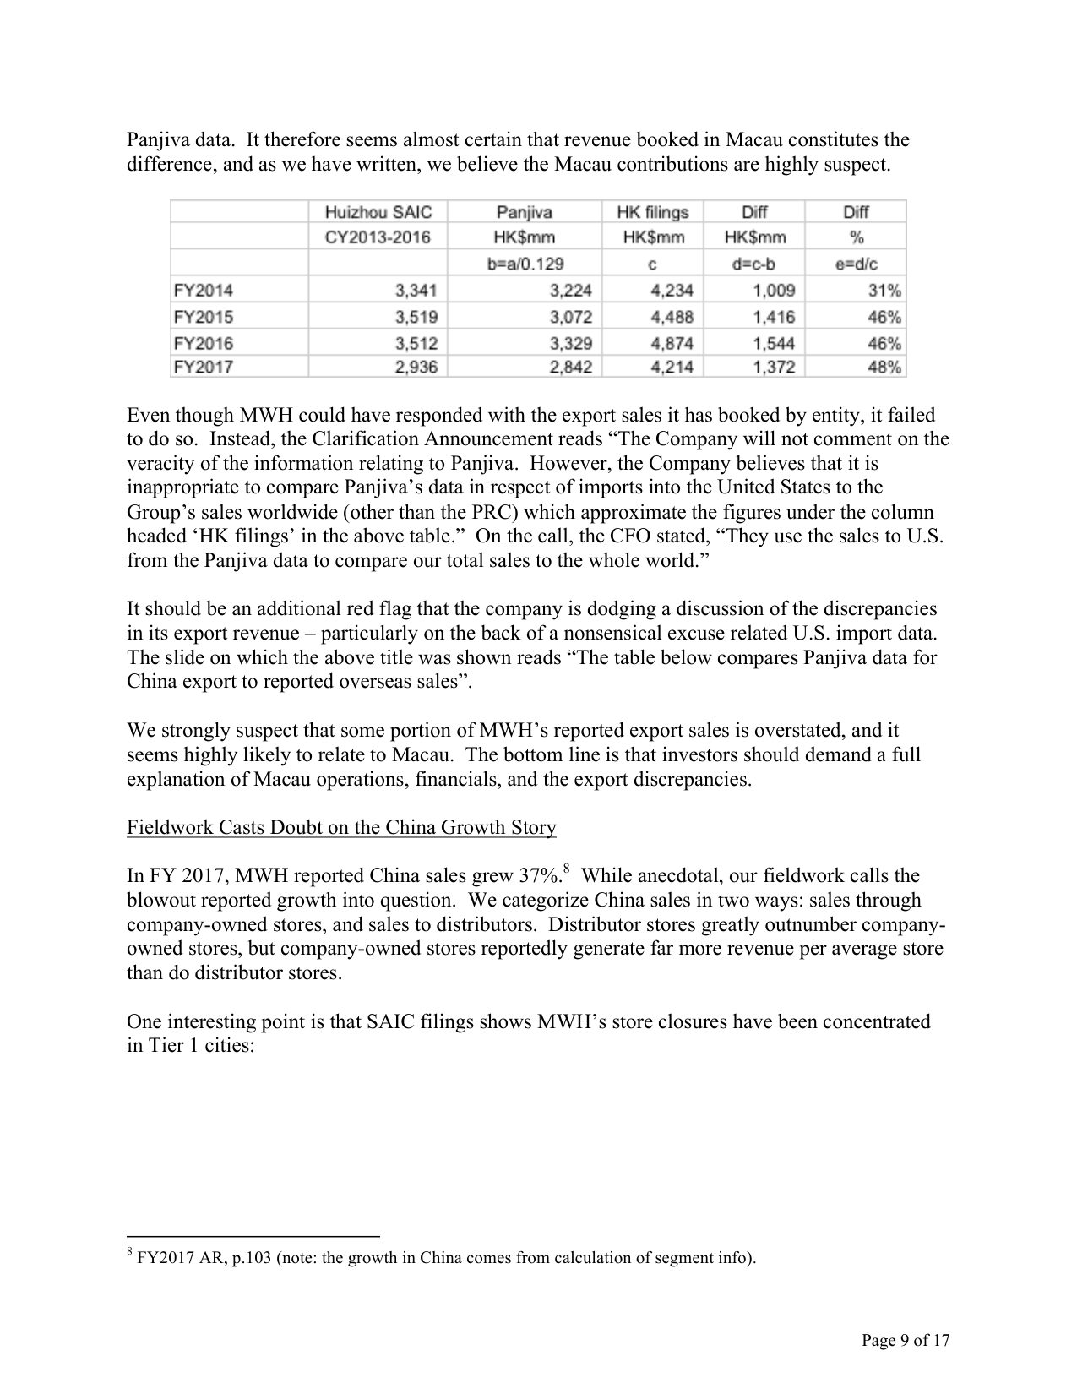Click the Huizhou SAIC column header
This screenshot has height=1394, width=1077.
point(378,212)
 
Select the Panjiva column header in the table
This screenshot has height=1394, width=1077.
point(524,212)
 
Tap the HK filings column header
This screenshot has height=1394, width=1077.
point(653,212)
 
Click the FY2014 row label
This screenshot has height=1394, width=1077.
point(203,291)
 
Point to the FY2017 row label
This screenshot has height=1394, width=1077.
point(203,367)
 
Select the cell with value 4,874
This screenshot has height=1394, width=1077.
point(672,343)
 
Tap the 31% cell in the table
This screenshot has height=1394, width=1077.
point(884,291)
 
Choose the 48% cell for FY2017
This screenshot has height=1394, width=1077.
point(884,367)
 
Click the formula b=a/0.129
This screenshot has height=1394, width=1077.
point(524,264)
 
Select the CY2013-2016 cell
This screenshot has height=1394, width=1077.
point(378,237)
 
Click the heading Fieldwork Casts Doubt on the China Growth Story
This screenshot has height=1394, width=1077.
point(341,827)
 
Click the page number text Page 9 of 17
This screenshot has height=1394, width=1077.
point(906,1340)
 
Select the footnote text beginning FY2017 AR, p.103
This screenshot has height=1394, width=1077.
point(446,1258)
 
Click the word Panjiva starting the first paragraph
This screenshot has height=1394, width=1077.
point(155,139)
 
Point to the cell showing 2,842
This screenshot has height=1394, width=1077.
point(570,367)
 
